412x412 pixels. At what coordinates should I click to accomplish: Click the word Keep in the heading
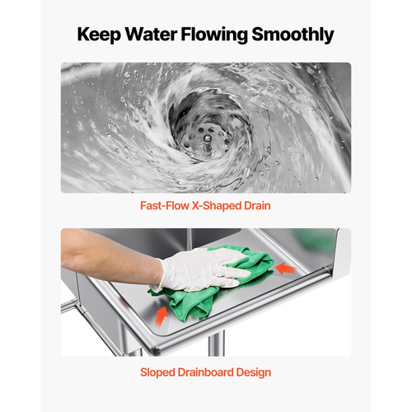click(99, 35)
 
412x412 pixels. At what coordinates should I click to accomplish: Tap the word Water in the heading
click(151, 34)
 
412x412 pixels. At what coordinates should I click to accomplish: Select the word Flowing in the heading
click(214, 35)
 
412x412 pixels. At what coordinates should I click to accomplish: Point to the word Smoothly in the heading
click(293, 35)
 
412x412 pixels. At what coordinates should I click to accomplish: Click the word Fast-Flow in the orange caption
click(165, 205)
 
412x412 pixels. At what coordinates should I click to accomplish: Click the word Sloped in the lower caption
click(157, 372)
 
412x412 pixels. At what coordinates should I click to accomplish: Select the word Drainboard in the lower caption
click(206, 372)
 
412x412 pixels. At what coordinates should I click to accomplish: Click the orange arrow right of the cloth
click(286, 269)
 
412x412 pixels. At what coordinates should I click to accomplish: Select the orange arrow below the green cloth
click(162, 316)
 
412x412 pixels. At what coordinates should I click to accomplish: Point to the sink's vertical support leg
click(216, 344)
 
